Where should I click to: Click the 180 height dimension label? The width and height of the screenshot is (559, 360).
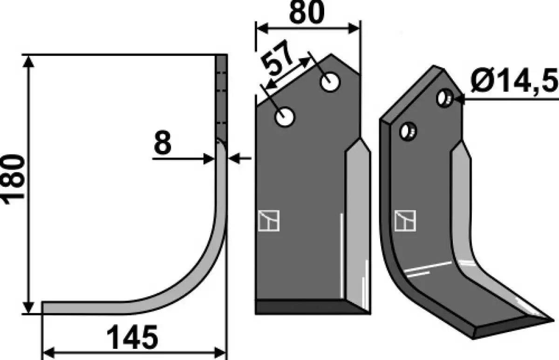tap(13, 179)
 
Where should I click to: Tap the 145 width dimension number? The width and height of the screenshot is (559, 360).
tap(132, 337)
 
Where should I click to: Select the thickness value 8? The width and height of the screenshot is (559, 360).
tap(163, 143)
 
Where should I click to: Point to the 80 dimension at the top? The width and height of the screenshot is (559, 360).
tap(307, 12)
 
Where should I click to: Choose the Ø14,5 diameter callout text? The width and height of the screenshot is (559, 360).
tap(514, 80)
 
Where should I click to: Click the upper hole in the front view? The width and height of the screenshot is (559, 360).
tap(330, 82)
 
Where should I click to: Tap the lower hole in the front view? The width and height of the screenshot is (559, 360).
tap(285, 117)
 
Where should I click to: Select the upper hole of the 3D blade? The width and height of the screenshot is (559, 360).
tap(445, 98)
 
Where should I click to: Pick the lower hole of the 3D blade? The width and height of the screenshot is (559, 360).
tap(408, 131)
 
